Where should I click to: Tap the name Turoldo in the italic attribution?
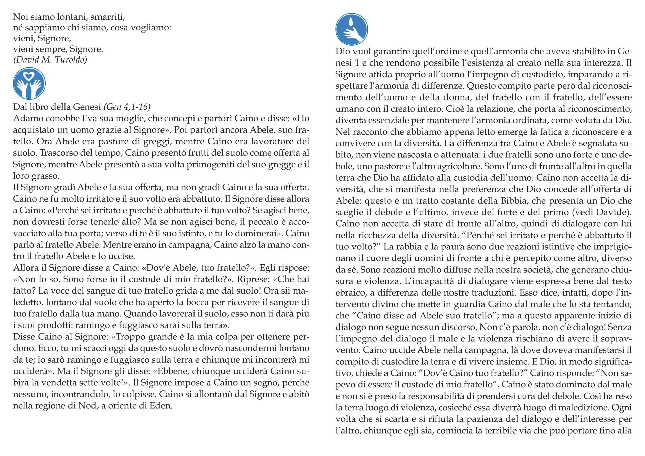click(72, 60)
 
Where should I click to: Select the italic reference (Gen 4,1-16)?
click(127, 107)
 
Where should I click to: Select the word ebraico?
click(350, 293)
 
